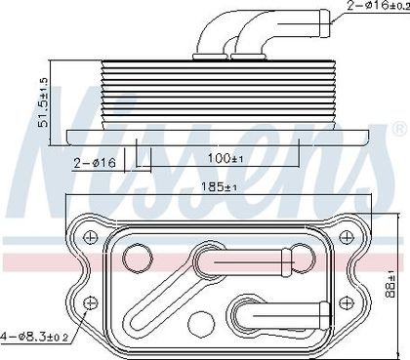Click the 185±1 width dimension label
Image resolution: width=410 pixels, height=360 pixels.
tap(219, 187)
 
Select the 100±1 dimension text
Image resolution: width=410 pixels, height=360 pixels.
tap(225, 158)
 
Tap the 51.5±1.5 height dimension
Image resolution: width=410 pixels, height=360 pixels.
tap(43, 102)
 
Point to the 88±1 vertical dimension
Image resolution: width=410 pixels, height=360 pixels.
tap(390, 284)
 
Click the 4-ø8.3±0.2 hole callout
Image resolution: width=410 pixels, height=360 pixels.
tap(34, 337)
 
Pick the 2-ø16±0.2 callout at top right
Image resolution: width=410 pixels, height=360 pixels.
tap(379, 6)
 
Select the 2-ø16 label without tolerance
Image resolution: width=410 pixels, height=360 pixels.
tap(95, 163)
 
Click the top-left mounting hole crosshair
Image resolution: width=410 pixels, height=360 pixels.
tap(91, 237)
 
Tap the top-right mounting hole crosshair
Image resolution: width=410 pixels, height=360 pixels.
tap(346, 237)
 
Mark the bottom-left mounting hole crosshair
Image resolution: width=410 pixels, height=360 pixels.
tap(91, 303)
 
